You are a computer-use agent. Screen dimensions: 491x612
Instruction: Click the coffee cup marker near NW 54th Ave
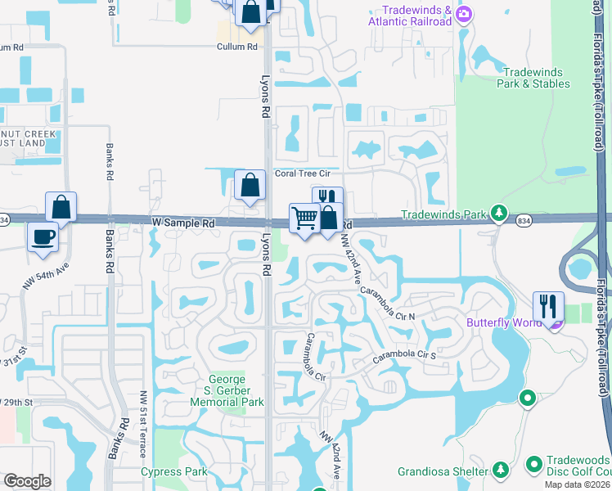(x=43, y=237)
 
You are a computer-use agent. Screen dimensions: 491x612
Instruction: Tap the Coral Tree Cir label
(x=302, y=173)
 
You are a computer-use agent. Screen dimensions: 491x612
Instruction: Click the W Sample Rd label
(x=183, y=223)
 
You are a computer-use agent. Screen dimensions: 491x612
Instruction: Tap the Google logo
(x=26, y=480)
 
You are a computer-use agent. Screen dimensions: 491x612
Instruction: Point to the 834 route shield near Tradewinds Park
(x=523, y=219)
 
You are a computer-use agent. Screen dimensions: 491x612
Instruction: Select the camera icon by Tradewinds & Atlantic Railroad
(x=464, y=13)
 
